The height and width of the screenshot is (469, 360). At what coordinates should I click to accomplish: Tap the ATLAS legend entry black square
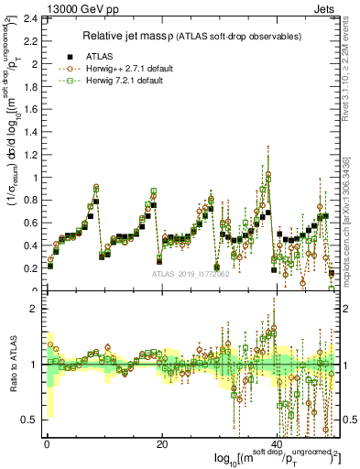[x=70, y=56]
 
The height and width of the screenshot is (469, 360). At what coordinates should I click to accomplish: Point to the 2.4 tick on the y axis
[x=31, y=19]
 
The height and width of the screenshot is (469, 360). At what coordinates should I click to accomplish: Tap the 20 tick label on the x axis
[x=162, y=444]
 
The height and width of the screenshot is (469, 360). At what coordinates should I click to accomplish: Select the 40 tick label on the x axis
[x=278, y=444]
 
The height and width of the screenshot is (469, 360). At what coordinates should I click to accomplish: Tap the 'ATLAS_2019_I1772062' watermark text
[x=191, y=274]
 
